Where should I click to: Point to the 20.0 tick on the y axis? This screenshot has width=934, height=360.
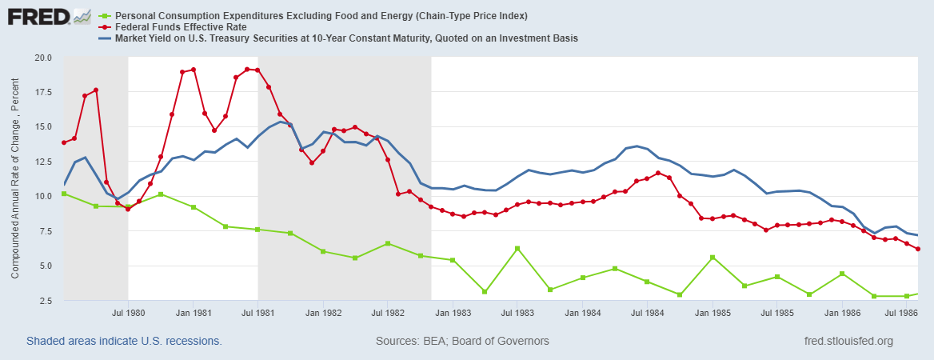pos(42,58)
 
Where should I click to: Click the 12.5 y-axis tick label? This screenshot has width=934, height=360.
pos(42,162)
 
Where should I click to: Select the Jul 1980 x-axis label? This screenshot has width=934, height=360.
pos(128,313)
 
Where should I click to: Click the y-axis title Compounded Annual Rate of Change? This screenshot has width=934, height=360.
pos(15,179)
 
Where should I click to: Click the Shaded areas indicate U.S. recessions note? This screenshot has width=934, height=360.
pos(124,342)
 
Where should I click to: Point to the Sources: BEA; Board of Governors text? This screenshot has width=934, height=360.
pos(462,342)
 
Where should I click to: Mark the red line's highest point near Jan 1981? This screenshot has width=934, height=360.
pos(194,70)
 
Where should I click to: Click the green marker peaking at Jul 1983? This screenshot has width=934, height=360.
pos(517,248)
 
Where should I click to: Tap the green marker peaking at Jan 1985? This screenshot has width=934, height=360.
pos(712,257)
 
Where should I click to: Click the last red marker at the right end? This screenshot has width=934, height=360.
pos(917,249)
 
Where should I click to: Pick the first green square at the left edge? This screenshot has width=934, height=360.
pos(64,194)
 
